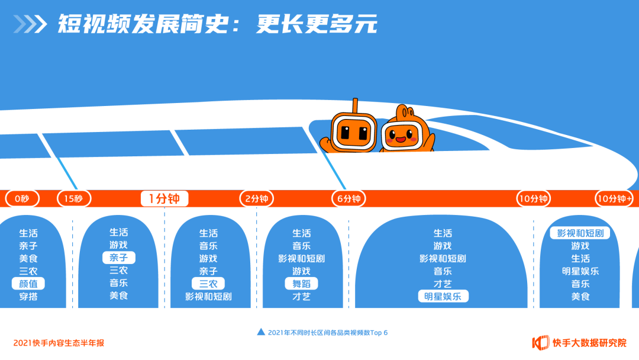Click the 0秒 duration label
tap(22, 199)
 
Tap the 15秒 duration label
tap(74, 199)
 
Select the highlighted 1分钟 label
tap(164, 199)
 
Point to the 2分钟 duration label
tap(257, 199)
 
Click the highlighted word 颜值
tap(28, 284)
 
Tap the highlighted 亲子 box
tap(119, 258)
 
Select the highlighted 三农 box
tap(208, 284)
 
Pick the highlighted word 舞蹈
tap(301, 284)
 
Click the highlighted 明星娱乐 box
tap(443, 296)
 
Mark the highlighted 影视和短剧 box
tap(580, 233)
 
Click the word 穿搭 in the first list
tap(28, 296)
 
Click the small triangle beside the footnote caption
tap(261, 332)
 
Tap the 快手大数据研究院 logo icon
tap(541, 342)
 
